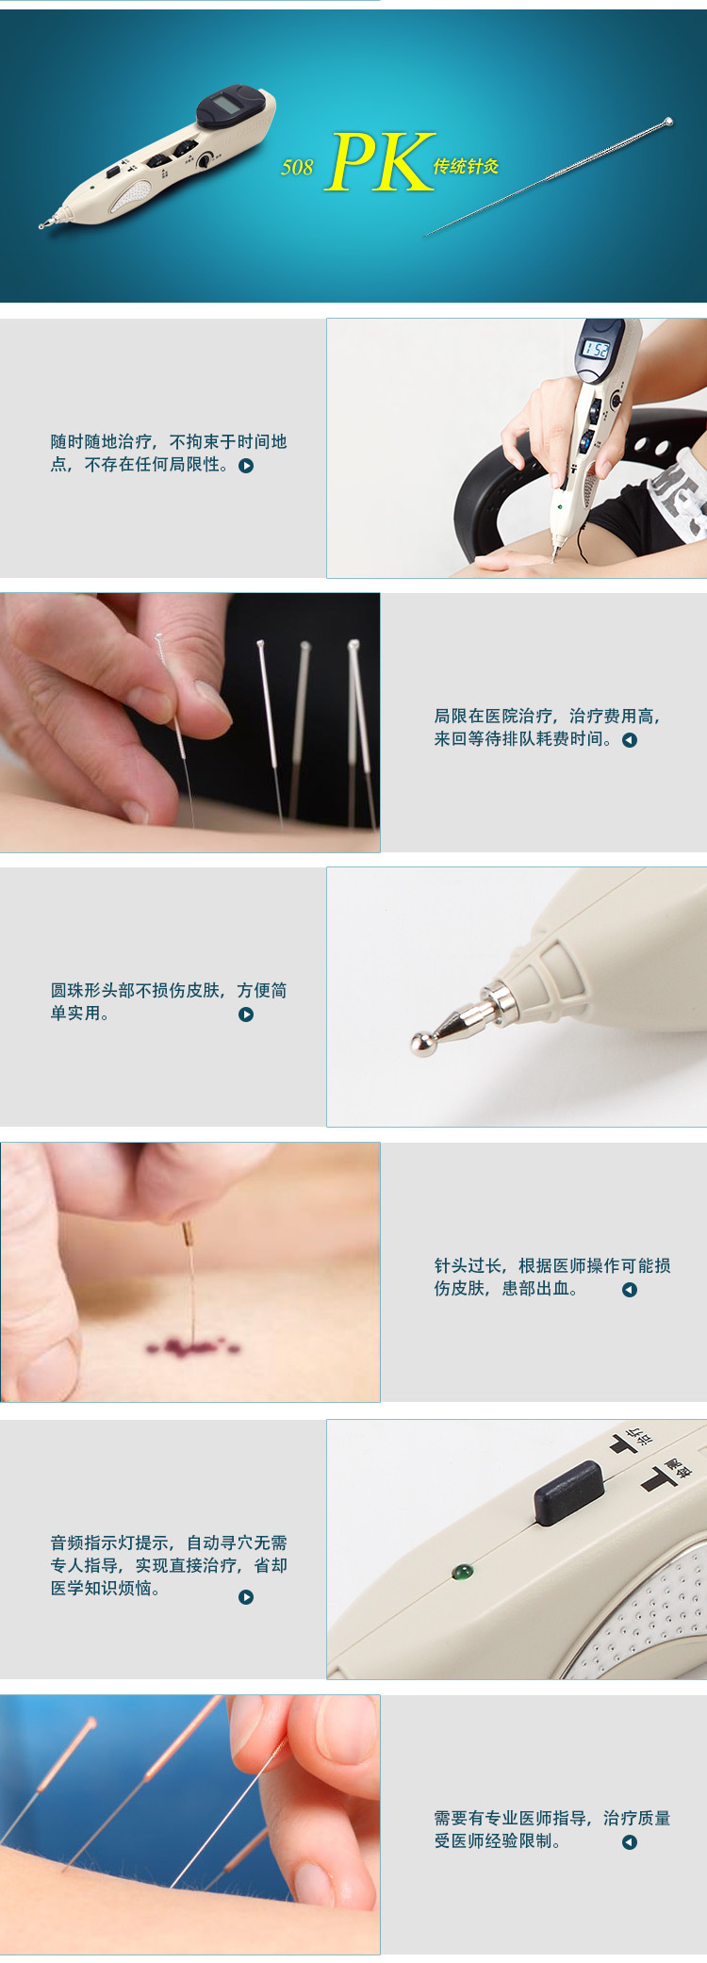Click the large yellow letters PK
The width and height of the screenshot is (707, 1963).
pos(381,162)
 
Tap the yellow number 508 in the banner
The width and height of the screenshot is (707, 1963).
pos(297,168)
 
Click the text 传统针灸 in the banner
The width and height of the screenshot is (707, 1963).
pos(466,167)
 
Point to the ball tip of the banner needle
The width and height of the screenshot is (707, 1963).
pos(668,122)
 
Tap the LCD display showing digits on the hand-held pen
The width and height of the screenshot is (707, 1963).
pos(596,349)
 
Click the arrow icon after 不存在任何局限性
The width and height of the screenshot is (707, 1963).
pos(246,466)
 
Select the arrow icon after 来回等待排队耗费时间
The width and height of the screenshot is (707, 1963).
pos(630,740)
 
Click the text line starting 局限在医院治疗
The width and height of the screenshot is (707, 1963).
pos(548,717)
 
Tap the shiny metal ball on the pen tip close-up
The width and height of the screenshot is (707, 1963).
pos(423,1043)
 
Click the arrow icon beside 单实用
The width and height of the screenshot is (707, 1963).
pos(246,1014)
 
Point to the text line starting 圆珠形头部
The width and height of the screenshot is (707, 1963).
pos(169,990)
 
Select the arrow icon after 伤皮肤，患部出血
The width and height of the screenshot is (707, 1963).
pos(630,1290)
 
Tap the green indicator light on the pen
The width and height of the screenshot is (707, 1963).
pos(462,1572)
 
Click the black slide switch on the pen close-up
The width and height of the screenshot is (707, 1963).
pos(569,1493)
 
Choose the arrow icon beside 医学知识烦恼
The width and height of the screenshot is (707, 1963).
pos(246,1597)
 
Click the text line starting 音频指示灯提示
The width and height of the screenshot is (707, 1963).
pos(169,1542)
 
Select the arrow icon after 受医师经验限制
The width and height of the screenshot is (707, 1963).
pos(630,1842)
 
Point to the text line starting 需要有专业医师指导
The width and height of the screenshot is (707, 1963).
pos(552,1818)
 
